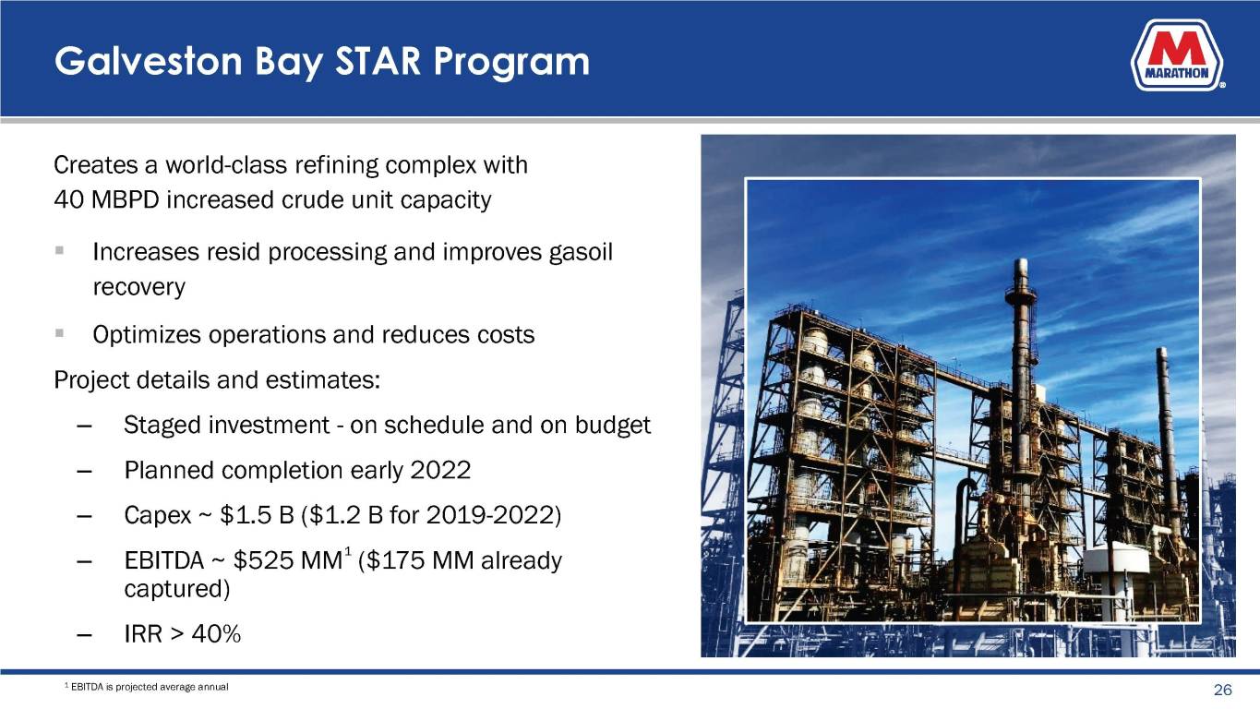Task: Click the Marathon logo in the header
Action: [1177, 55]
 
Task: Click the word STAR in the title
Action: [378, 61]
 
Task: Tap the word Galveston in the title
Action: [149, 61]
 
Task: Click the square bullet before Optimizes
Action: [60, 333]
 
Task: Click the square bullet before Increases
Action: [60, 250]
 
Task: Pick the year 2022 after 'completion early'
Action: [440, 471]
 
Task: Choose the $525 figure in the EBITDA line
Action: [263, 561]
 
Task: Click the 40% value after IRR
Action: [216, 634]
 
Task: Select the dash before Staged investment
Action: [84, 426]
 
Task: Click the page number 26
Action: [1223, 690]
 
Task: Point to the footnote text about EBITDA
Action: [147, 687]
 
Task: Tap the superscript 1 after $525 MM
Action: [348, 551]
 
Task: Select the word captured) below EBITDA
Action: [177, 589]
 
